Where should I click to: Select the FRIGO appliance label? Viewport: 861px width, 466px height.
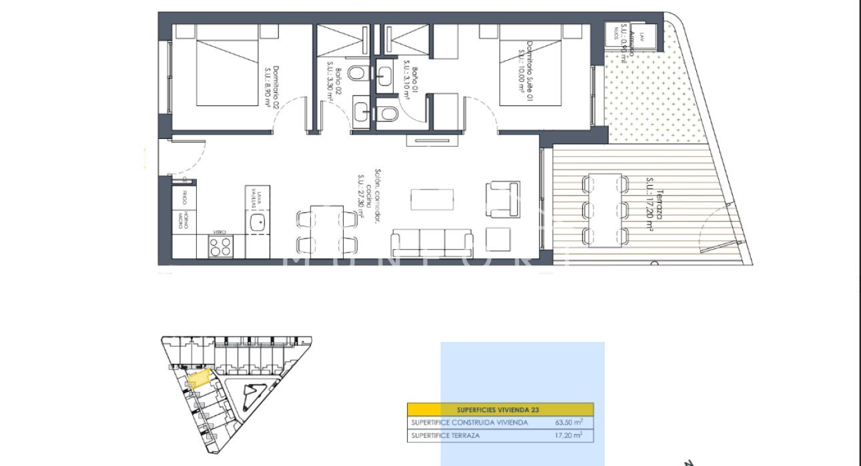(184, 199)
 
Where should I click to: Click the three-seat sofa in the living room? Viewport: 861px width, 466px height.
(432, 242)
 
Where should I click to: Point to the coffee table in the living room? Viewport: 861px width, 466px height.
(433, 199)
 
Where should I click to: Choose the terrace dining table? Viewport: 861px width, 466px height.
(605, 209)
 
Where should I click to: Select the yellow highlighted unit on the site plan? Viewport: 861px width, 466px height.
(198, 380)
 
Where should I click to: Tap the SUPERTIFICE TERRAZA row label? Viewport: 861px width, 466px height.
(445, 436)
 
